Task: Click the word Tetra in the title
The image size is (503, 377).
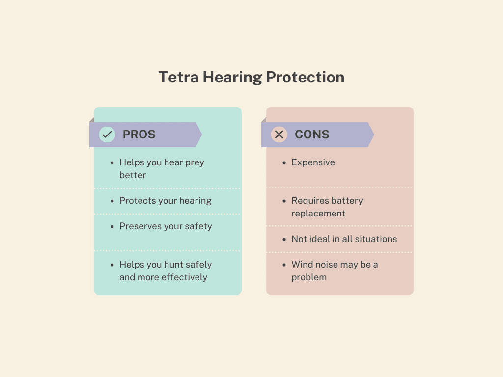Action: click(179, 77)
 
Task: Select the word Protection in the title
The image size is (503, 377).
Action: click(305, 77)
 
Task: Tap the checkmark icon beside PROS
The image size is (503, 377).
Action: click(107, 135)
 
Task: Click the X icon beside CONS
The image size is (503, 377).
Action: click(279, 135)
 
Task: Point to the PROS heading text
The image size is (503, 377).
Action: click(139, 135)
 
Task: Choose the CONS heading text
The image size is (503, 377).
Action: click(312, 135)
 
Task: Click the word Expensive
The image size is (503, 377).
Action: click(313, 162)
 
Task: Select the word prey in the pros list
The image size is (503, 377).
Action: click(195, 163)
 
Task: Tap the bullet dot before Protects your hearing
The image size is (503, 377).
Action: click(112, 201)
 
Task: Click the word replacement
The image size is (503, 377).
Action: click(318, 214)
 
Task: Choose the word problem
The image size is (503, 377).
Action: click(309, 278)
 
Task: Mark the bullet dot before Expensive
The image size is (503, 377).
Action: click(284, 163)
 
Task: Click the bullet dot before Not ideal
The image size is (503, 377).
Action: click(284, 240)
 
